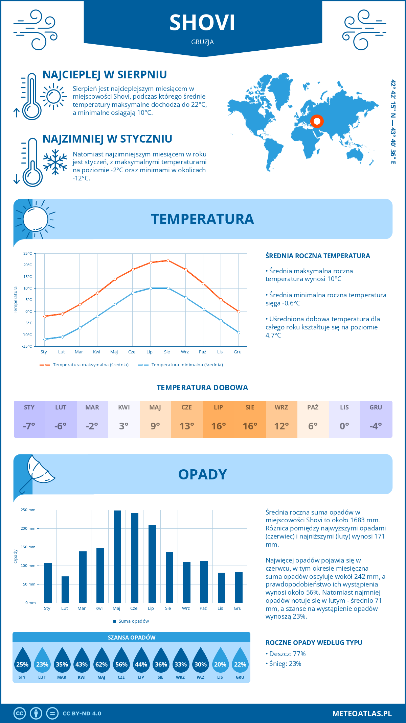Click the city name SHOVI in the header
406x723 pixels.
pyautogui.click(x=202, y=23)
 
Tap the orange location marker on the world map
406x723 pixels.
pyautogui.click(x=317, y=121)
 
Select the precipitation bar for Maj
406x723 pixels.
pyautogui.click(x=117, y=556)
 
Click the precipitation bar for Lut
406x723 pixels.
pyautogui.click(x=65, y=589)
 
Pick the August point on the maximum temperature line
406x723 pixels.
pyautogui.click(x=168, y=260)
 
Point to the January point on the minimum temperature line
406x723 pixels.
pyautogui.click(x=45, y=339)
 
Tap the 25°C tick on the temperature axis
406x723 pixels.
pyautogui.click(x=28, y=253)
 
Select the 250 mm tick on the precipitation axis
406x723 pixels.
pyautogui.click(x=28, y=510)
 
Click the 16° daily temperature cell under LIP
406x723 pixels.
pyautogui.click(x=219, y=426)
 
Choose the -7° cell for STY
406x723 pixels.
pyautogui.click(x=29, y=426)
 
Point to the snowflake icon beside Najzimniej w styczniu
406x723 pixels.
pyautogui.click(x=55, y=162)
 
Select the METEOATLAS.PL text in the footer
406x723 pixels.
pyautogui.click(x=362, y=714)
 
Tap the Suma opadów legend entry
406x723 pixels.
pyautogui.click(x=133, y=621)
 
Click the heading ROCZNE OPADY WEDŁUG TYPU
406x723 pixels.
pyautogui.click(x=314, y=643)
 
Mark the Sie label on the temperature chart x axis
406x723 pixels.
pyautogui.click(x=167, y=352)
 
